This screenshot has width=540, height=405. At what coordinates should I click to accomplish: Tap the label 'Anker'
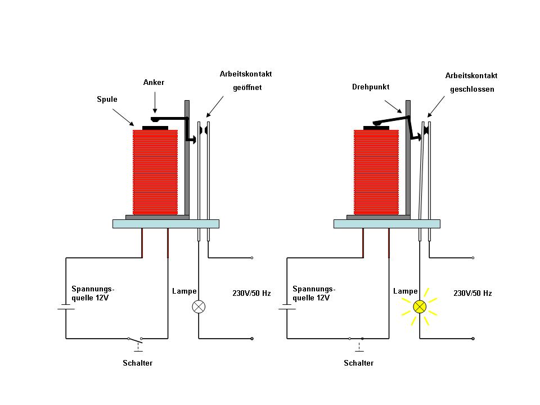pyautogui.click(x=154, y=83)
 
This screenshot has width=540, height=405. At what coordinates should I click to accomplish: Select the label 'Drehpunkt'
pyautogui.click(x=371, y=87)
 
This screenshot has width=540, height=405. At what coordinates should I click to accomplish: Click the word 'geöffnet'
pyautogui.click(x=247, y=88)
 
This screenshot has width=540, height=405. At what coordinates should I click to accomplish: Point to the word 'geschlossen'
pyautogui.click(x=471, y=89)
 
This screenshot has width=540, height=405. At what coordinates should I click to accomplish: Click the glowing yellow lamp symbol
pyautogui.click(x=420, y=307)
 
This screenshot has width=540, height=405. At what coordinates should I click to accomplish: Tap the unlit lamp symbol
pyautogui.click(x=199, y=307)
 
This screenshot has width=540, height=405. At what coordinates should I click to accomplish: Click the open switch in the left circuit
pyautogui.click(x=135, y=339)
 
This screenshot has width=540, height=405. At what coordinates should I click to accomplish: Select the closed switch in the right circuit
pyautogui.click(x=356, y=339)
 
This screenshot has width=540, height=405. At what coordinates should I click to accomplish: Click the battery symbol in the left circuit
pyautogui.click(x=66, y=307)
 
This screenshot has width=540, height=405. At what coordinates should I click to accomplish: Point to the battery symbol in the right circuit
pyautogui.click(x=287, y=307)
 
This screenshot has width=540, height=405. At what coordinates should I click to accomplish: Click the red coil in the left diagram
pyautogui.click(x=155, y=172)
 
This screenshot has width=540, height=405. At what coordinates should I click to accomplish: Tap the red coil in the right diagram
pyautogui.click(x=376, y=172)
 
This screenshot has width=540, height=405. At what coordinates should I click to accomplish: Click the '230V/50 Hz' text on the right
pyautogui.click(x=472, y=293)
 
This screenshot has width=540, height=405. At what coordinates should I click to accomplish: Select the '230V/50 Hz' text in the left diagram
pyautogui.click(x=251, y=293)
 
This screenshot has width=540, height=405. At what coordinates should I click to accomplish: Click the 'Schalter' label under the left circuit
pyautogui.click(x=137, y=363)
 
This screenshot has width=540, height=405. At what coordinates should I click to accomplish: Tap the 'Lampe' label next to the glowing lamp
pyautogui.click(x=405, y=291)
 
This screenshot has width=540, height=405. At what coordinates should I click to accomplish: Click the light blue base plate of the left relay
pyautogui.click(x=165, y=223)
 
